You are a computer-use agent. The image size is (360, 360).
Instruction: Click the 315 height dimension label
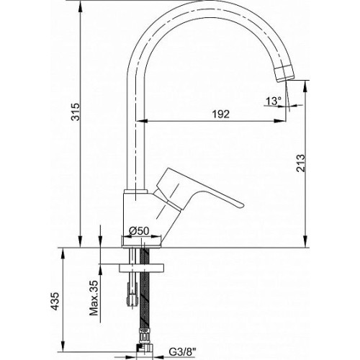[x=76, y=112]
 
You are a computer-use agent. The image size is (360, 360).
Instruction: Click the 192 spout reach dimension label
[x=221, y=114]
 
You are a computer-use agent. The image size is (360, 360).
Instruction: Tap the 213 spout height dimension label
[x=301, y=163]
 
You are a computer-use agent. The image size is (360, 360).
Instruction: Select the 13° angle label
[x=273, y=101]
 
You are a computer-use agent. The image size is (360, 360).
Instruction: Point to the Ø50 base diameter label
[x=139, y=231]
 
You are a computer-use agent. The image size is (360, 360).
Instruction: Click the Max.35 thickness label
[x=94, y=298]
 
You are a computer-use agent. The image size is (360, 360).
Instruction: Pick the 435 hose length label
[x=55, y=301]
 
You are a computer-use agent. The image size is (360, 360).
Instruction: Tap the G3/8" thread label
[x=182, y=352]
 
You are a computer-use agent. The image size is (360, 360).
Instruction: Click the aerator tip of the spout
[x=284, y=74]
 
